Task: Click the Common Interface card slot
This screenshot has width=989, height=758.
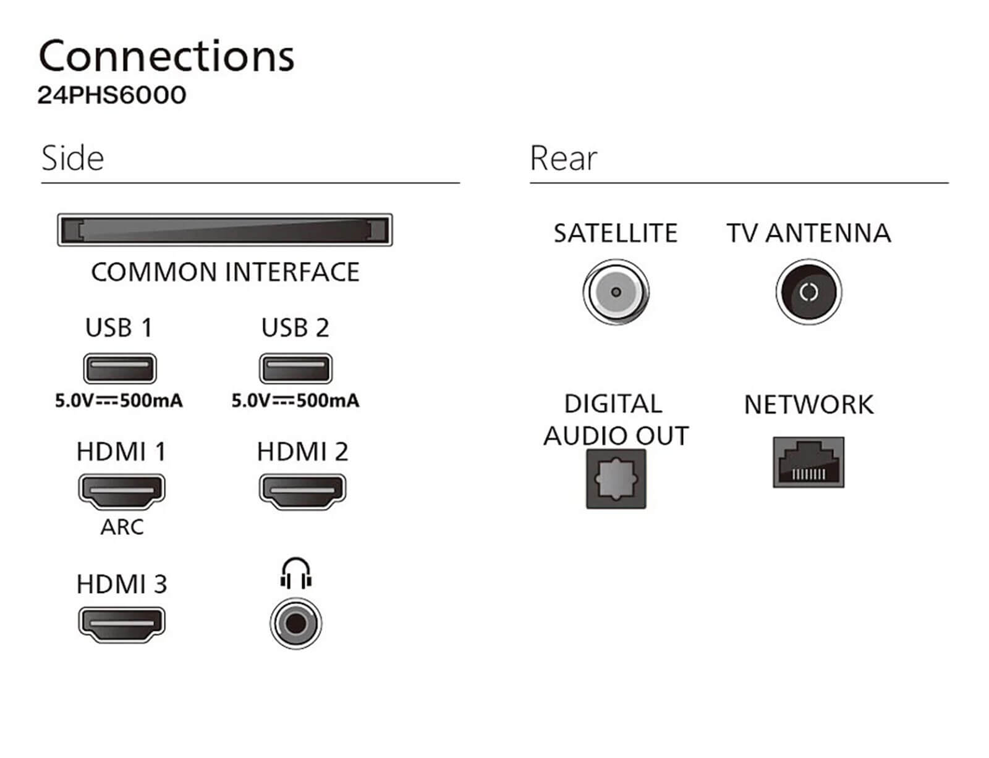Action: pyautogui.click(x=225, y=230)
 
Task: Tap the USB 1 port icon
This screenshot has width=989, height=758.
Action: pyautogui.click(x=120, y=369)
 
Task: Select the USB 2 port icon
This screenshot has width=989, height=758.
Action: pyautogui.click(x=295, y=369)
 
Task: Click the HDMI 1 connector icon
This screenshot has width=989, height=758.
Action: pyautogui.click(x=122, y=491)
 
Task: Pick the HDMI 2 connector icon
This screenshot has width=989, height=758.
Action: pyautogui.click(x=302, y=491)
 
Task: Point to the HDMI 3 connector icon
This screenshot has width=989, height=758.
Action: pyautogui.click(x=122, y=624)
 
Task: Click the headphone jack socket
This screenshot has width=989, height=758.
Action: pyautogui.click(x=296, y=623)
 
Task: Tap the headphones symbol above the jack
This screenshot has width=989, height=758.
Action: pyautogui.click(x=296, y=573)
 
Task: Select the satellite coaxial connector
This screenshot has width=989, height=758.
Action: pyautogui.click(x=616, y=292)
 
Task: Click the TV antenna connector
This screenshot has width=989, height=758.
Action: pyautogui.click(x=809, y=292)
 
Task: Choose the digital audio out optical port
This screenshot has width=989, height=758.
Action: pyautogui.click(x=616, y=479)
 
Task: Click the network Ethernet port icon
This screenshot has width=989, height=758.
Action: pyautogui.click(x=809, y=463)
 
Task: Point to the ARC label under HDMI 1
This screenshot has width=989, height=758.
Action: pyautogui.click(x=122, y=527)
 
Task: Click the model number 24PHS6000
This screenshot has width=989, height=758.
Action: pyautogui.click(x=112, y=95)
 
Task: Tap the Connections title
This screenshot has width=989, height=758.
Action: pyautogui.click(x=166, y=56)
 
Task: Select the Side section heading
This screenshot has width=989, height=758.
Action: pyautogui.click(x=72, y=158)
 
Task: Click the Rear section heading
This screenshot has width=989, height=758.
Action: pyautogui.click(x=563, y=158)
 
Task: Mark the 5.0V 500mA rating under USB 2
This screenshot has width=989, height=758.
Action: pyautogui.click(x=295, y=401)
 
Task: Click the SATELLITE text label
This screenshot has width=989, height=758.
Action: pyautogui.click(x=616, y=234)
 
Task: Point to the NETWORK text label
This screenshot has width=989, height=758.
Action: pyautogui.click(x=809, y=405)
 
